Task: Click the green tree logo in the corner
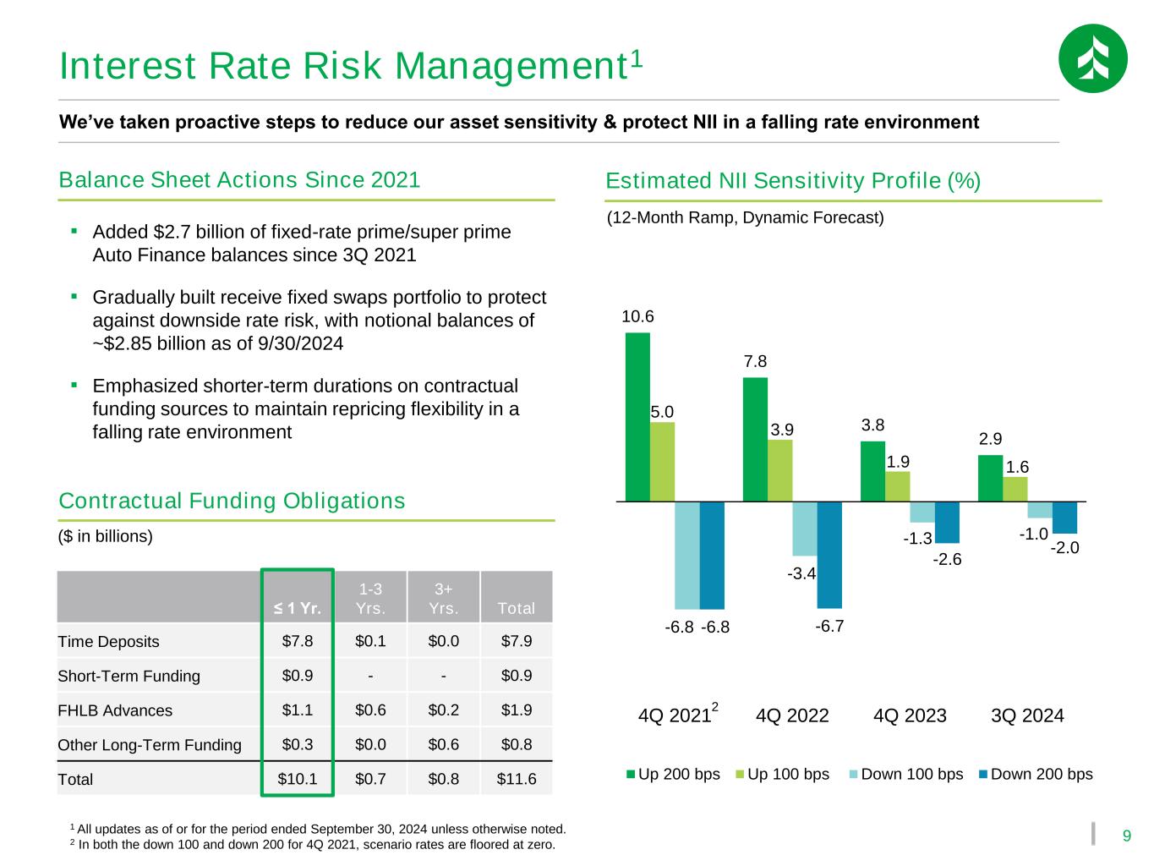tap(1092, 58)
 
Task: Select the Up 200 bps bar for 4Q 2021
tap(637, 417)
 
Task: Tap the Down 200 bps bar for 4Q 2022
tap(829, 555)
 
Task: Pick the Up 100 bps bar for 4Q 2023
tap(898, 486)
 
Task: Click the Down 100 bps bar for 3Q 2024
tap(1040, 510)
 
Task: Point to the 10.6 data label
tap(637, 317)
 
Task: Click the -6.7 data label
tap(830, 627)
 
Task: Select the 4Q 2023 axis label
tap(910, 715)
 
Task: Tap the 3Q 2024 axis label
tap(1027, 715)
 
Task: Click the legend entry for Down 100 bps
tap(905, 774)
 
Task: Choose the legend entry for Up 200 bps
tap(673, 774)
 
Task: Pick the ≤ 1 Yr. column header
tap(298, 608)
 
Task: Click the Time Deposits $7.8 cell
tap(298, 641)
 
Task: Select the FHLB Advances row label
tap(115, 710)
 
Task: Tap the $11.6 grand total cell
tap(516, 779)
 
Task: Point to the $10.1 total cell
tap(298, 779)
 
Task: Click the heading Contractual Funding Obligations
tap(232, 502)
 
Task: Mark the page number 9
tap(1126, 836)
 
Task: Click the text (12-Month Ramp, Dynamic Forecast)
tap(746, 218)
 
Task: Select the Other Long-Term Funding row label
tap(150, 745)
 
